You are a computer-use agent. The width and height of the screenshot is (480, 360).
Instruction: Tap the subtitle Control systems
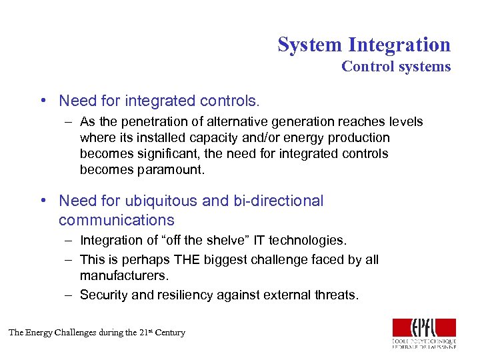pos(396,67)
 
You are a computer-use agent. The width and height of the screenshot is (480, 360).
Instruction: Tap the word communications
pos(116,220)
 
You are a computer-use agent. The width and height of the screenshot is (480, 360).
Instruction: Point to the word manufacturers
pos(123,275)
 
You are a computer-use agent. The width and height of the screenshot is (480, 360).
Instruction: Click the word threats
pos(336,295)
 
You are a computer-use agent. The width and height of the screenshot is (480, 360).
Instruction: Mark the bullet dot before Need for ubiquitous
pos(43,201)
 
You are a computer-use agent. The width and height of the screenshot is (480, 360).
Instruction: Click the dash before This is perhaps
pos(69,259)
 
